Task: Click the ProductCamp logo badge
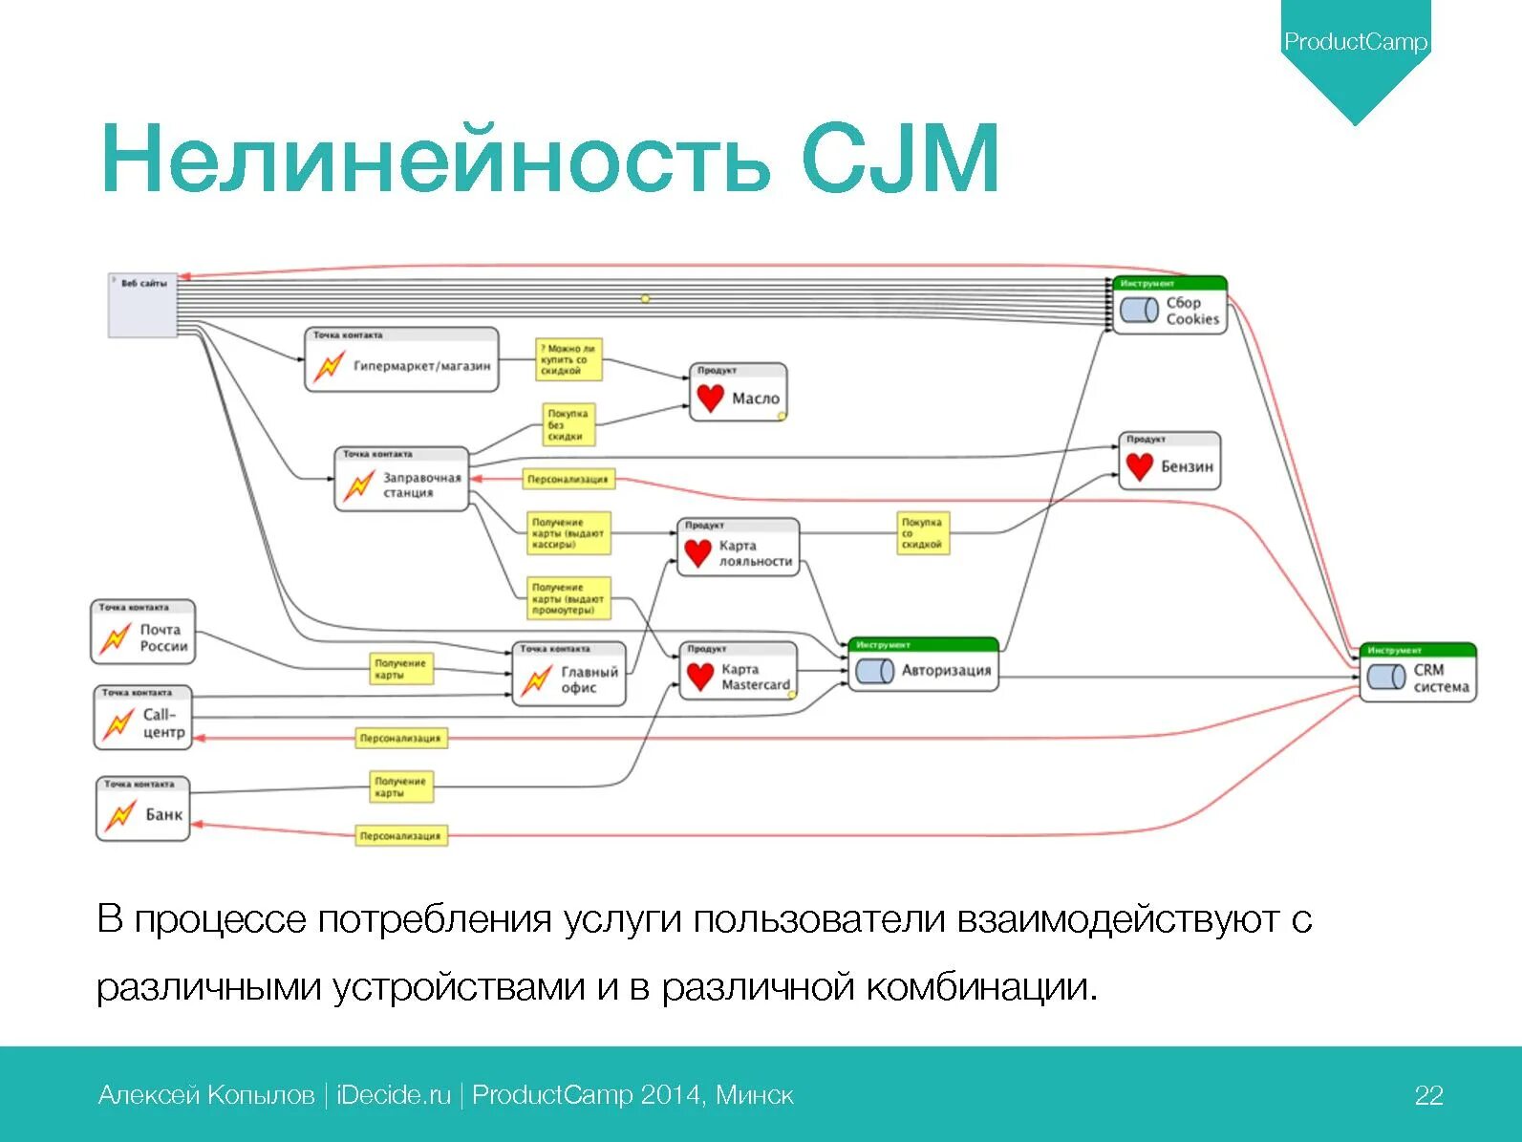[x=1355, y=43]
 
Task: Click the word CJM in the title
[x=899, y=159]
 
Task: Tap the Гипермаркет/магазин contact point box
[x=401, y=361]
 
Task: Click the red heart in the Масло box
[x=710, y=398]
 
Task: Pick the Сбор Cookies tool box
[x=1169, y=306]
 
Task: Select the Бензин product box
[x=1169, y=462]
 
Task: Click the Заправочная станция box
[x=402, y=480]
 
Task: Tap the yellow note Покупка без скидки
[x=568, y=424]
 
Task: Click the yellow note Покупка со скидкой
[x=922, y=533]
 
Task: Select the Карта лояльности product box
[x=738, y=548]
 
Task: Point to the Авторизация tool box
[x=923, y=665]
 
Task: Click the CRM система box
[x=1418, y=673]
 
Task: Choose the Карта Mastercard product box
[x=738, y=671]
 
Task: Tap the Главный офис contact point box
[x=569, y=675]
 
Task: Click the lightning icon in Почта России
[x=116, y=637]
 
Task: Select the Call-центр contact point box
[x=143, y=718]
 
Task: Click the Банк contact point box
[x=143, y=809]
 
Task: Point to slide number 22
[x=1428, y=1095]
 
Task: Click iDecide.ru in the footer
[x=394, y=1095]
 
